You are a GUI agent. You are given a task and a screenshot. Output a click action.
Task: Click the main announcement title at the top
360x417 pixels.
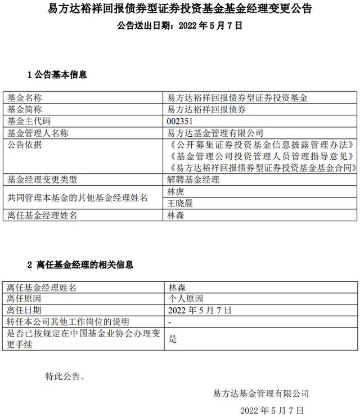[179, 9]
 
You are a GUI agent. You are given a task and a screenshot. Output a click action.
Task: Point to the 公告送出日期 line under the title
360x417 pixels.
[179, 25]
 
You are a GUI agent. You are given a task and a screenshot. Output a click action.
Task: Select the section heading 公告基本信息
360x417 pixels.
[57, 74]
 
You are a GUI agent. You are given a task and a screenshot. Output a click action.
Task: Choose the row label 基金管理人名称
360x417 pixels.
[38, 133]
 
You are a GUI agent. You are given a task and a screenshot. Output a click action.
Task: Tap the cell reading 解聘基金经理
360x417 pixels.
[193, 180]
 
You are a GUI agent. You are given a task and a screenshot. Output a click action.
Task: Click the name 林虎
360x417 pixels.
[176, 192]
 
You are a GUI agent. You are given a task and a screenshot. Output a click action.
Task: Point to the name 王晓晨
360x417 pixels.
[180, 203]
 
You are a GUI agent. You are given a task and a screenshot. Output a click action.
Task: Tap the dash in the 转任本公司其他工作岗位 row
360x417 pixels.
[170, 322]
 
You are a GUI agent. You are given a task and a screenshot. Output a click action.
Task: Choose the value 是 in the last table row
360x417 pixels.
[172, 339]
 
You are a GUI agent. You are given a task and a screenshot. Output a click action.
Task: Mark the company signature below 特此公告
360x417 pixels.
[261, 393]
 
